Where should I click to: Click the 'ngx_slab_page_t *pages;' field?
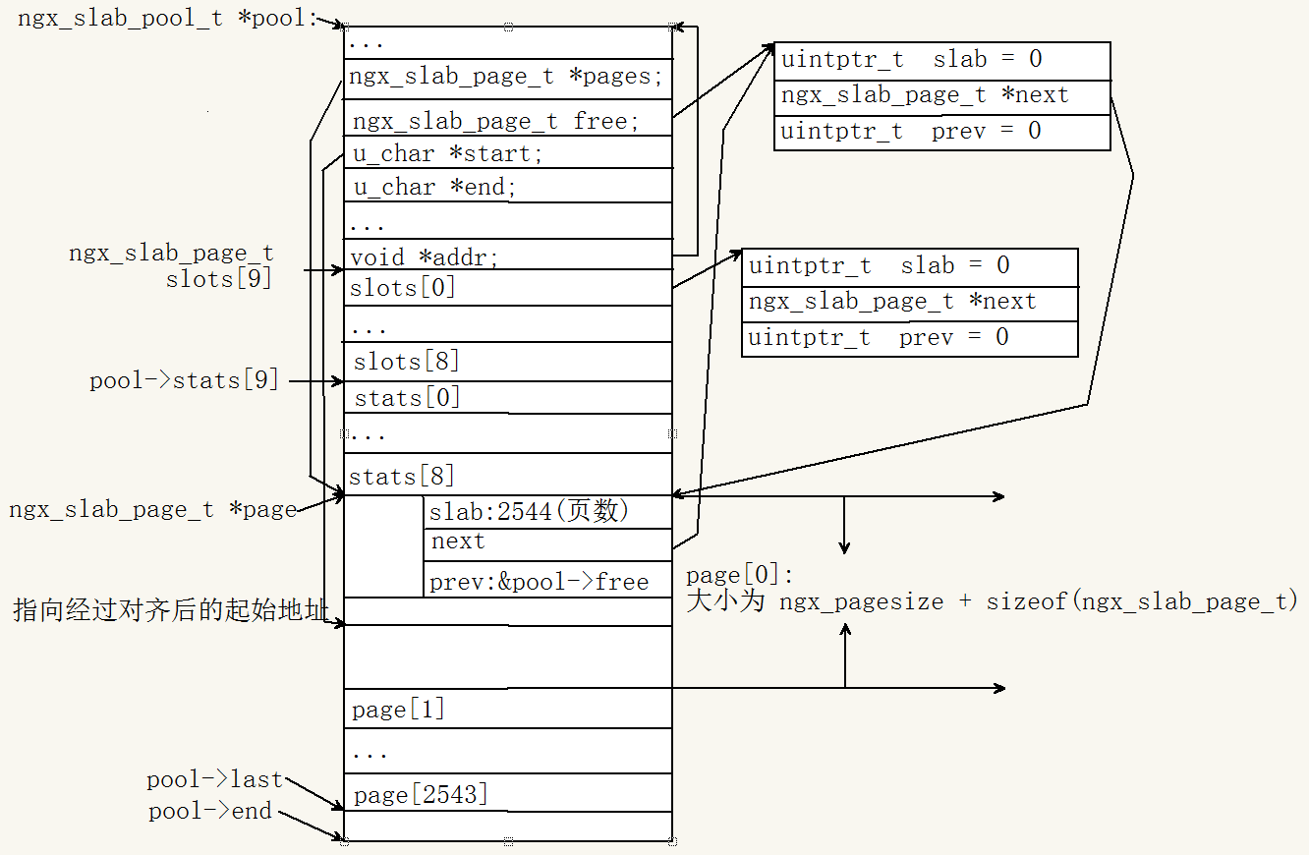(507, 78)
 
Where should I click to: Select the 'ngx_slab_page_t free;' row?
(507, 121)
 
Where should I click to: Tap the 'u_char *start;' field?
(507, 153)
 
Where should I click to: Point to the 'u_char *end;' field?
(507, 186)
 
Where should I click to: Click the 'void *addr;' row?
(507, 256)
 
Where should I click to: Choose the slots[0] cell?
(507, 288)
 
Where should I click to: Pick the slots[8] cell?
(507, 362)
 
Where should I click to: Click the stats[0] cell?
(507, 397)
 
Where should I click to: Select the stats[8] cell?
(507, 476)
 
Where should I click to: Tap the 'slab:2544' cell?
(547, 512)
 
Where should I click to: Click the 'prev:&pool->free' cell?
(547, 581)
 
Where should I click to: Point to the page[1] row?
(507, 709)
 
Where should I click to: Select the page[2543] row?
(507, 793)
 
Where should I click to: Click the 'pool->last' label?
(214, 779)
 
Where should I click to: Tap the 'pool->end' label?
(210, 811)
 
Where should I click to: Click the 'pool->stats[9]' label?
(184, 380)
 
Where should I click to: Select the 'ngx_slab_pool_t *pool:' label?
(168, 20)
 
